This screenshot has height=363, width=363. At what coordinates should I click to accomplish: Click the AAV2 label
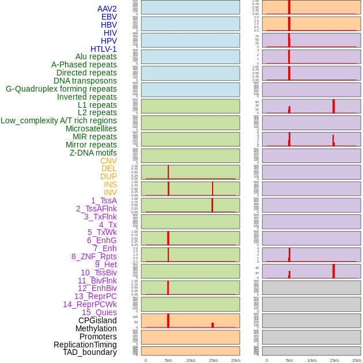[107, 9]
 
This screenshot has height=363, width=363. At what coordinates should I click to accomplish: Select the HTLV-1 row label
[103, 49]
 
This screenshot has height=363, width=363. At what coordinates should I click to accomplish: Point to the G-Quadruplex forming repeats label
[61, 89]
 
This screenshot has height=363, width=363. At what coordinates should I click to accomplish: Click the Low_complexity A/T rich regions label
[58, 120]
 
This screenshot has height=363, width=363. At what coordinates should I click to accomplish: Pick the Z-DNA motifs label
[93, 153]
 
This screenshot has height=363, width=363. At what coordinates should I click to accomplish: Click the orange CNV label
[108, 161]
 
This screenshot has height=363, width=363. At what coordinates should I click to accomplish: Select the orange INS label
[110, 184]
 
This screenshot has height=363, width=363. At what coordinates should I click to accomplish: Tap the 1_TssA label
[104, 201]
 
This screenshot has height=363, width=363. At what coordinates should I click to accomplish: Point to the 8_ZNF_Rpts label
[94, 256]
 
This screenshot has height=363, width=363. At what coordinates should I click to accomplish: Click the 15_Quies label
[99, 312]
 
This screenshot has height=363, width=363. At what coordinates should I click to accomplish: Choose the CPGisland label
[97, 320]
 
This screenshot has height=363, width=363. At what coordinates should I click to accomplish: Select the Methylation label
[96, 328]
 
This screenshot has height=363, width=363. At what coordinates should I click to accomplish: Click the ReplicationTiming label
[85, 345]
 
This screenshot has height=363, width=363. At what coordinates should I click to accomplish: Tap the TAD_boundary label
[89, 352]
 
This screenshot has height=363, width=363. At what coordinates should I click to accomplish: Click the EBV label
[109, 17]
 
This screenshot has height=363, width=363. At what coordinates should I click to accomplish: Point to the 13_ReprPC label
[95, 296]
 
